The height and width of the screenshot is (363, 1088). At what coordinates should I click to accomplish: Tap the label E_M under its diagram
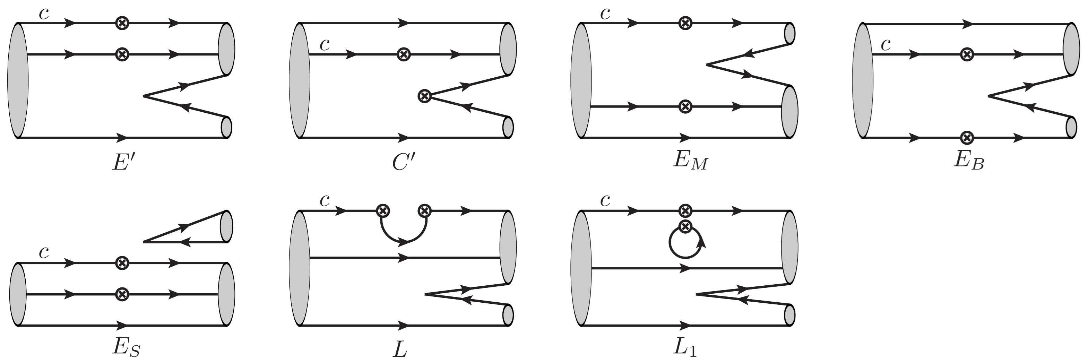pyautogui.click(x=690, y=161)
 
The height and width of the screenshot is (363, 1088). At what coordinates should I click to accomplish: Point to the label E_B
pyautogui.click(x=969, y=161)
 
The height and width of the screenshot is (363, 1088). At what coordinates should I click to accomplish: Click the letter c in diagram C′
pyautogui.click(x=325, y=44)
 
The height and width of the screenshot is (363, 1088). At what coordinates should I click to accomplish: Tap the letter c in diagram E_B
pyautogui.click(x=886, y=44)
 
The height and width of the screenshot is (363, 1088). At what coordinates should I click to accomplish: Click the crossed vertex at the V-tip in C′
pyautogui.click(x=424, y=96)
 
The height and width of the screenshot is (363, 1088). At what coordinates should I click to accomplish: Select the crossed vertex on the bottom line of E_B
pyautogui.click(x=967, y=138)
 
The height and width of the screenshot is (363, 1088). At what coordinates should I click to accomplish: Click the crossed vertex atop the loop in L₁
pyautogui.click(x=685, y=226)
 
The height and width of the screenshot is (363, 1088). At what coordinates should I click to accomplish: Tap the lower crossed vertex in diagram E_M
pyautogui.click(x=685, y=106)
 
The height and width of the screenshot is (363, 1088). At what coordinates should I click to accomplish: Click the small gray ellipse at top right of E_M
pyautogui.click(x=789, y=33)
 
